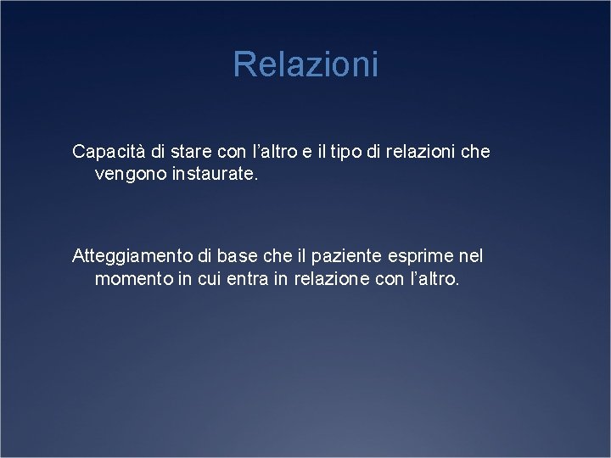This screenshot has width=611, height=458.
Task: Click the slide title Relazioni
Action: tap(305, 64)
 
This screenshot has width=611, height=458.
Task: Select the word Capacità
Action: tap(108, 153)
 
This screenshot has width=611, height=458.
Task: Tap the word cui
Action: tap(207, 280)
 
